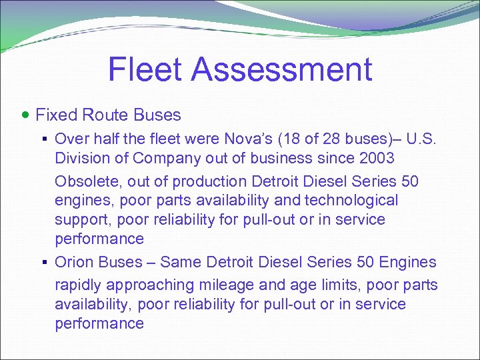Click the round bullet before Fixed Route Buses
point(25,115)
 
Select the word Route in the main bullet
point(105,115)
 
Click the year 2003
point(375,159)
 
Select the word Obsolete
point(85,181)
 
